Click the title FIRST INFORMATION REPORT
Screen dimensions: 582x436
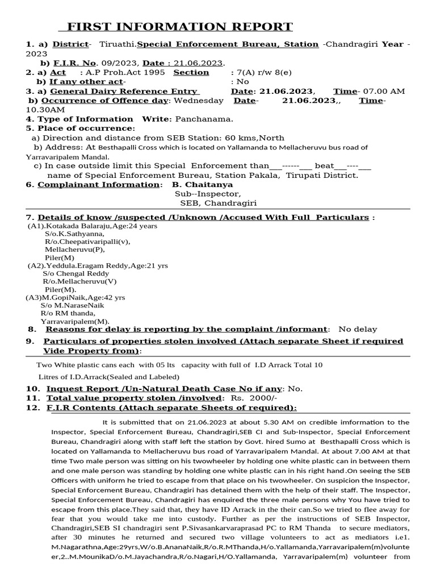(x=180, y=27)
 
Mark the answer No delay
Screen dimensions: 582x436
(x=357, y=329)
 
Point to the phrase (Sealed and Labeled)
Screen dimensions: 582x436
(x=145, y=376)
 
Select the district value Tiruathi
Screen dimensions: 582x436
(x=117, y=44)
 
